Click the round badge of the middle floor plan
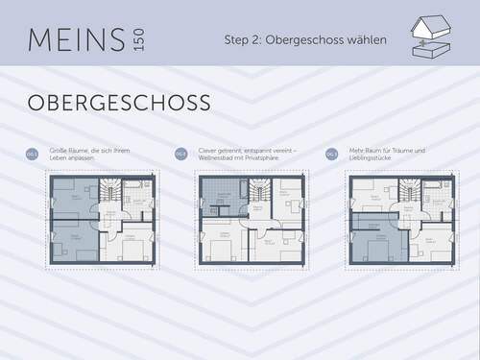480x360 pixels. (180, 154)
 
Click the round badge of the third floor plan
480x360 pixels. (331, 154)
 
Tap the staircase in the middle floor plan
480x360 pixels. (259, 196)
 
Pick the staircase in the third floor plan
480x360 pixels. (409, 196)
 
